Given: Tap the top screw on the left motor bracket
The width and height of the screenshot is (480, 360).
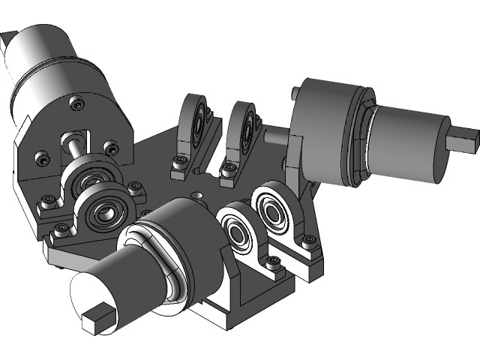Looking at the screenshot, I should (x=75, y=103).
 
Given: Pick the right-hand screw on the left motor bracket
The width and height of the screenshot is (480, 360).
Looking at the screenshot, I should (x=111, y=147).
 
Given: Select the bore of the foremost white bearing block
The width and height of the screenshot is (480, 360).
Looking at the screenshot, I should (x=238, y=234).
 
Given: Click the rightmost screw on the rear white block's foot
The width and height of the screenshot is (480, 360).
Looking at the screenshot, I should (x=307, y=240).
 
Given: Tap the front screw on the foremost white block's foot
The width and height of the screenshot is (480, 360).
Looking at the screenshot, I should (x=273, y=261).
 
